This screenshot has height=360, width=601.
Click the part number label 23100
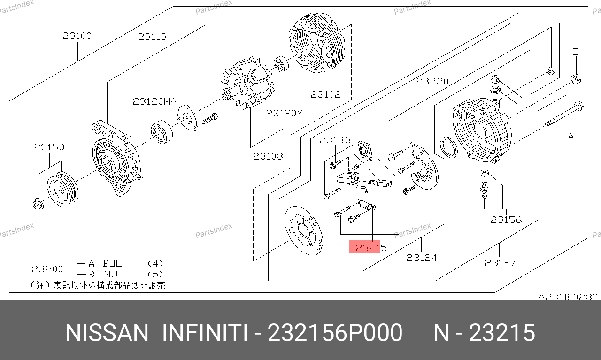pyautogui.click(x=77, y=36)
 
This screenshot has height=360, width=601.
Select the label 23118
pyautogui.click(x=153, y=37)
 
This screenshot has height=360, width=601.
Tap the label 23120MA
pyautogui.click(x=155, y=101)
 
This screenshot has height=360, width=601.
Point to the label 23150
pyautogui.click(x=49, y=147)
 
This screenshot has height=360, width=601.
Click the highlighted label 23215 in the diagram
pyautogui.click(x=371, y=248)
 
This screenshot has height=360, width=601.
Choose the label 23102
pyautogui.click(x=326, y=94)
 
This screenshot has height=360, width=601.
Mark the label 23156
pyautogui.click(x=506, y=220)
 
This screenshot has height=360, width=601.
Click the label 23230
pyautogui.click(x=432, y=81)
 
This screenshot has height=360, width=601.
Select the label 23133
pyautogui.click(x=335, y=140)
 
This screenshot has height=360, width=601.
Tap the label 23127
pyautogui.click(x=501, y=263)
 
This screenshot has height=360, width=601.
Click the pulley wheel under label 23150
pyautogui.click(x=63, y=190)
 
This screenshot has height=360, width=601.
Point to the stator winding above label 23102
pyautogui.click(x=317, y=43)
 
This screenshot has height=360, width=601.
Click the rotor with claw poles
pyautogui.click(x=248, y=83)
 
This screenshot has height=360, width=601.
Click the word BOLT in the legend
pyautogui.click(x=116, y=264)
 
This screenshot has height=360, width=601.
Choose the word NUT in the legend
pyautogui.click(x=114, y=275)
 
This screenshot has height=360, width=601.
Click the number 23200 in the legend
pyautogui.click(x=47, y=269)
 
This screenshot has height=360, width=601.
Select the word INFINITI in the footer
pyautogui.click(x=205, y=333)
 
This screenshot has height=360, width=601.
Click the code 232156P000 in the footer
pyautogui.click(x=335, y=333)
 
